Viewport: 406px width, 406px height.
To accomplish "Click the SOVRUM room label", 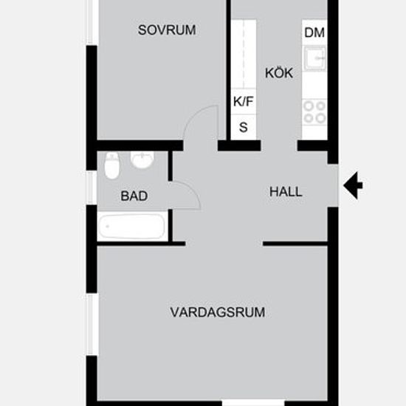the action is [167, 30].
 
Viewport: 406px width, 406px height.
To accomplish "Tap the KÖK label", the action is [279, 73].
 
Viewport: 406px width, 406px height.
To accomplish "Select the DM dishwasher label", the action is [314, 32].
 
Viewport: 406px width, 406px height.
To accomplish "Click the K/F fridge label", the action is [243, 101].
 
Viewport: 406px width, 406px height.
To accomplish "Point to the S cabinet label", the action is [243, 127].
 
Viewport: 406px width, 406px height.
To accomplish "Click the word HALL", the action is [286, 192].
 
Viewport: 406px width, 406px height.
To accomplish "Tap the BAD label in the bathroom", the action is [134, 196].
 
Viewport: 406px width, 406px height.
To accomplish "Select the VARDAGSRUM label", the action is [218, 312].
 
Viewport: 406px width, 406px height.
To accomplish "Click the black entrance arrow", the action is [353, 185].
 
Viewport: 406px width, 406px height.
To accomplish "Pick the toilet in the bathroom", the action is [112, 165].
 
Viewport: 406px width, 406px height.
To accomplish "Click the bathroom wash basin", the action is [142, 159].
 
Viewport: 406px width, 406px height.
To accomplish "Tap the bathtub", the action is [132, 227].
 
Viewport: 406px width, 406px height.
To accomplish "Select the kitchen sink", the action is [315, 58].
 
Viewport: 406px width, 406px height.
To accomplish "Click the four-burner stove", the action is [314, 112].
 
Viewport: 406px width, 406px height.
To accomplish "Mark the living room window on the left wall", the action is [92, 325].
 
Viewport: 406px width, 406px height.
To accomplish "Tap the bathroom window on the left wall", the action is [92, 187].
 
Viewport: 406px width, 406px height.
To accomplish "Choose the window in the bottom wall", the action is [253, 403].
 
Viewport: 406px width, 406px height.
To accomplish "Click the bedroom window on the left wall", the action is [92, 23].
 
